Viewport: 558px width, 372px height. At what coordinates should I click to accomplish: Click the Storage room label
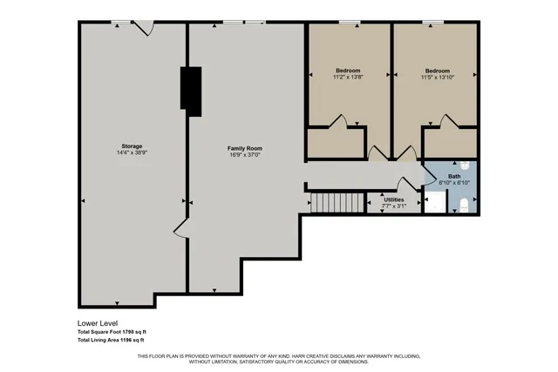point(132,145)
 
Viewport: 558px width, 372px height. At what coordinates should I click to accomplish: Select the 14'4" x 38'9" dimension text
point(132,153)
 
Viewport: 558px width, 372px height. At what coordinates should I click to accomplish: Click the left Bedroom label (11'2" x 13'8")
point(348,70)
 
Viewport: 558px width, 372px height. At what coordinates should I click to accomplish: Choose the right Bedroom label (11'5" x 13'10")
point(438,70)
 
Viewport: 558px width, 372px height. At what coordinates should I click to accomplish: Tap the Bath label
point(454,176)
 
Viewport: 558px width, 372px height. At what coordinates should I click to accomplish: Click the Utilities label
point(394,200)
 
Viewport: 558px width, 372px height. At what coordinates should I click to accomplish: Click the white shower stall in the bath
point(433,203)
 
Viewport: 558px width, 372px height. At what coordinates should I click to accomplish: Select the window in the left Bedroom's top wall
point(350,22)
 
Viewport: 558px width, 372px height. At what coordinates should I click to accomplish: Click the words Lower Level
point(96,323)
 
